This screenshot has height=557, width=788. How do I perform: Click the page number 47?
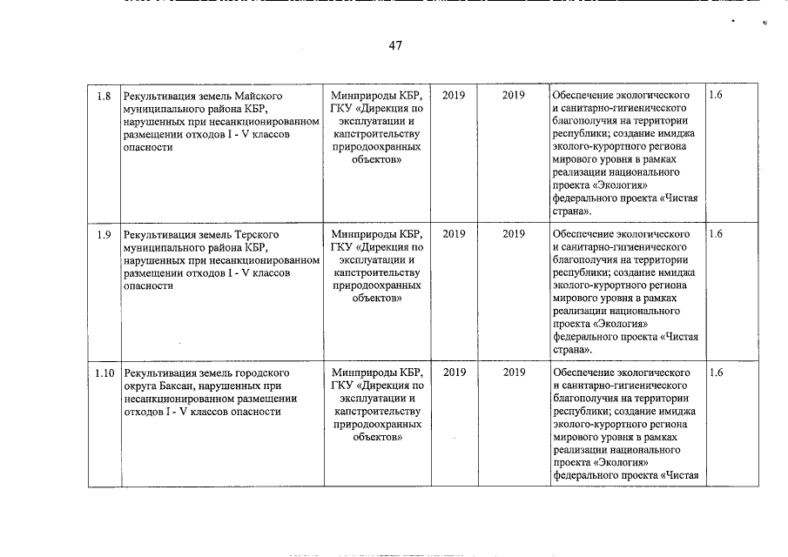pyautogui.click(x=394, y=45)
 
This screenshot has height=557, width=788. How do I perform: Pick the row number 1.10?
pyautogui.click(x=104, y=373)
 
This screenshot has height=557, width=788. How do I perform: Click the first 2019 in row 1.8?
pyautogui.click(x=454, y=95)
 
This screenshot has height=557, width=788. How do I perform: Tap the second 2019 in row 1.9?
pyautogui.click(x=514, y=234)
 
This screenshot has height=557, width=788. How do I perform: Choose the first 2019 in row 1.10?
pyautogui.click(x=454, y=373)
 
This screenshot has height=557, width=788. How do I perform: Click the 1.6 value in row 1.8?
pyautogui.click(x=716, y=95)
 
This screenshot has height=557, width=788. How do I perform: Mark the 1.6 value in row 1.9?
pyautogui.click(x=716, y=234)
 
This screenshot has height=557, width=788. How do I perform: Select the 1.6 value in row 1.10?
pyautogui.click(x=716, y=373)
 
